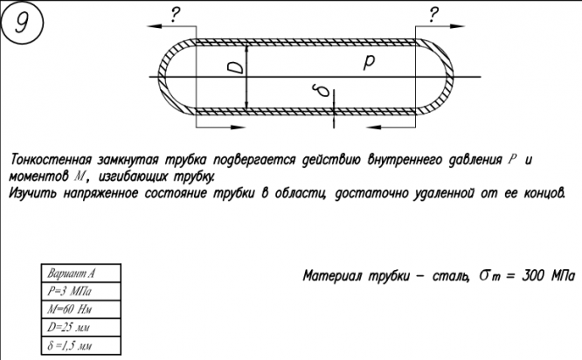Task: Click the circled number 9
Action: tap(21, 24)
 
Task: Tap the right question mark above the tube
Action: tap(433, 12)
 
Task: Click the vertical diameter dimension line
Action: tap(248, 77)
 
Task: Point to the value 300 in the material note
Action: tap(532, 275)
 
